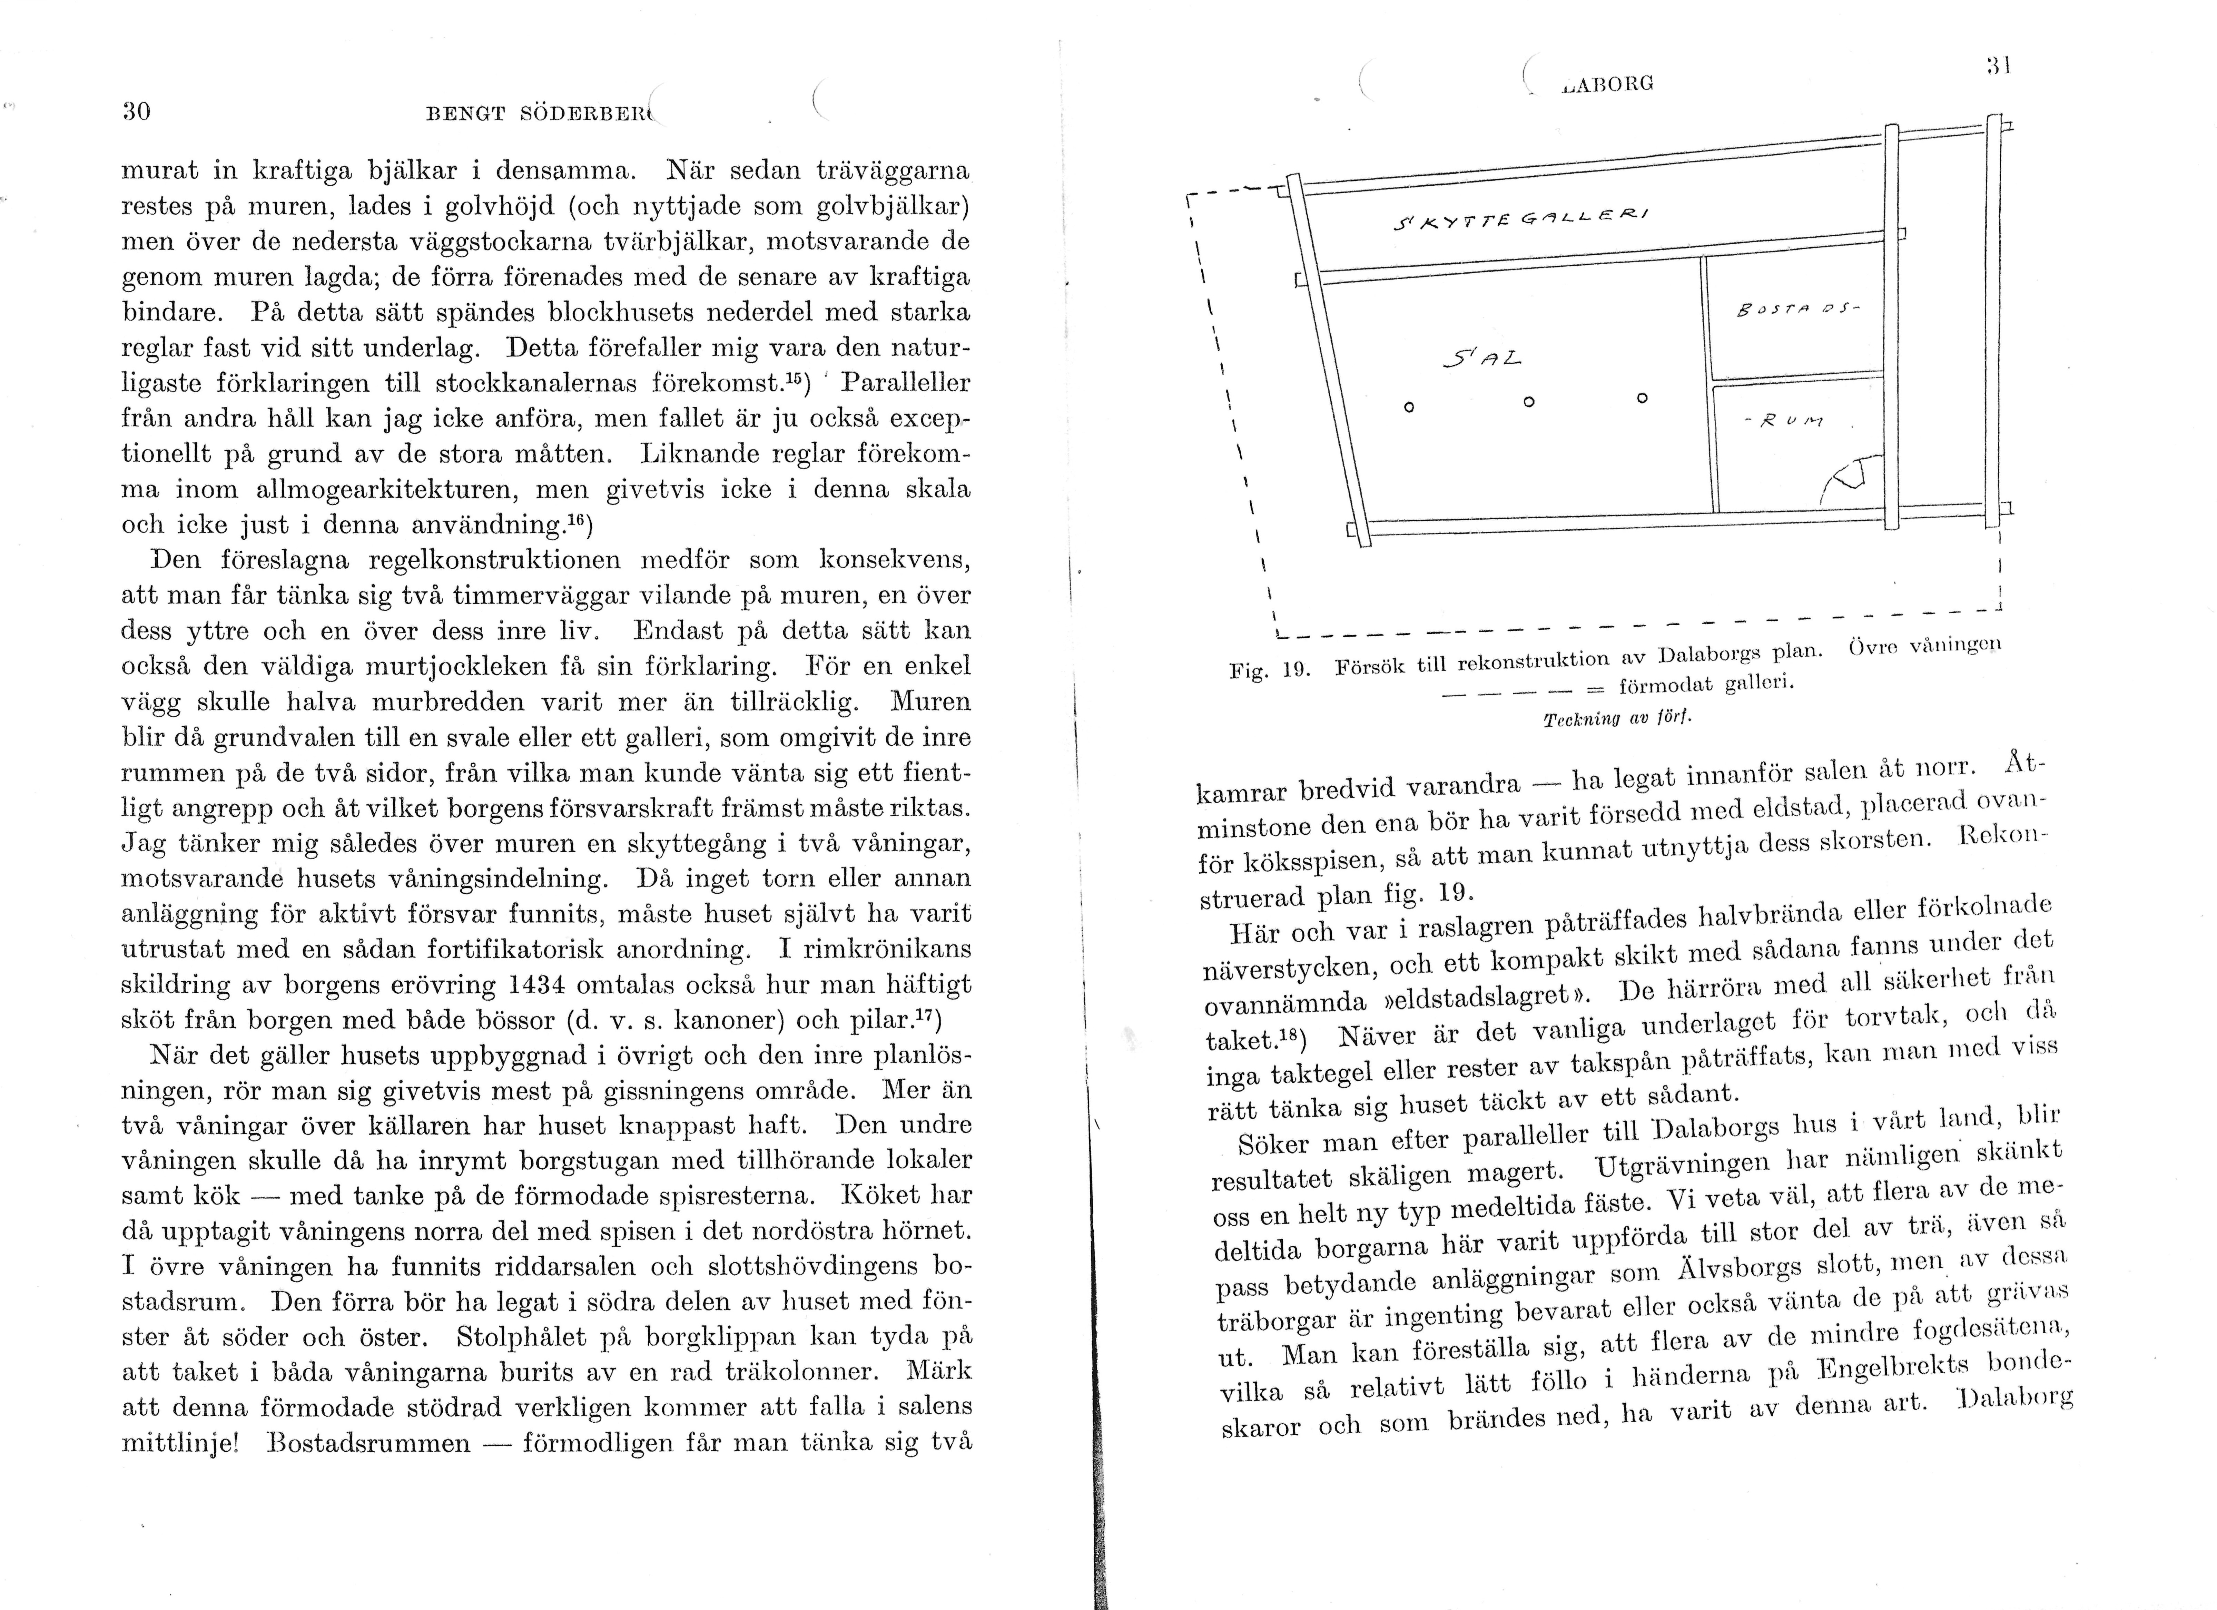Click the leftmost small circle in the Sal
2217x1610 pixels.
click(1409, 407)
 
